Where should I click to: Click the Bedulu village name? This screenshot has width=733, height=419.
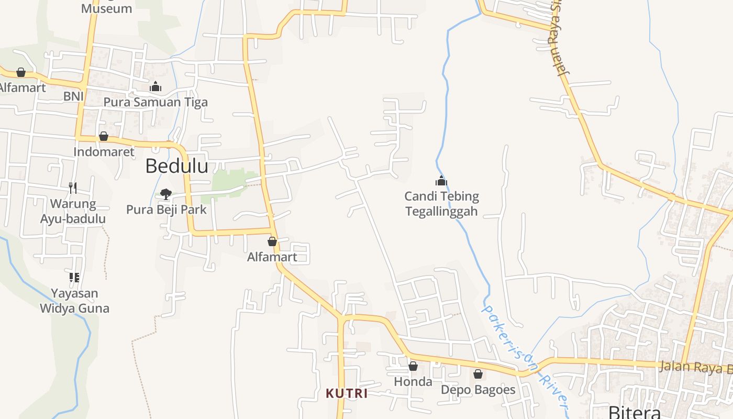pos(176,166)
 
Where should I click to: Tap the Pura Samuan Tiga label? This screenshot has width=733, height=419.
pos(156,102)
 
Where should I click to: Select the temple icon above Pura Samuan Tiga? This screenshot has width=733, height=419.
pos(156,87)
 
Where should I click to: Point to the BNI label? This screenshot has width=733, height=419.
pos(73,96)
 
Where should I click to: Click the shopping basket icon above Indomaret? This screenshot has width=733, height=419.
pos(104,136)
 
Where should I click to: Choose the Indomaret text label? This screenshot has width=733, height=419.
pos(104,152)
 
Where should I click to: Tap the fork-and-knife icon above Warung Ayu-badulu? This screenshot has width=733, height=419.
pos(73,188)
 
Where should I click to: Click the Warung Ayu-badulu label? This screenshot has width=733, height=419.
pos(73,211)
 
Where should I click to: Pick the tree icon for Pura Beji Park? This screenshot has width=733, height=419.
pos(166,194)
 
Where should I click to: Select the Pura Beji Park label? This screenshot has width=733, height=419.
pos(166,210)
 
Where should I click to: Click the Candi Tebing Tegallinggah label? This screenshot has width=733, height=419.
pos(441,204)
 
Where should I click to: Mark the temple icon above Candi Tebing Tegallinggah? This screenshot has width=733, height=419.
pos(441,181)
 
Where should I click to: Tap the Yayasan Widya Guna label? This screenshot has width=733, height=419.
pos(74,301)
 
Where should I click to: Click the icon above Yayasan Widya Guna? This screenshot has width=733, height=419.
pos(74,277)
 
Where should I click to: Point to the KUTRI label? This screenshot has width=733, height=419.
pos(347,393)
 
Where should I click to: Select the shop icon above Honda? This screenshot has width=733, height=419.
pos(413,366)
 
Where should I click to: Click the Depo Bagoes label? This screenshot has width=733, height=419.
pos(478,390)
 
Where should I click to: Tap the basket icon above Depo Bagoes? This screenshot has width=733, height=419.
pos(477,374)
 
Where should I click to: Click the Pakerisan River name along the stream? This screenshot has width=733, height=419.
pos(524,356)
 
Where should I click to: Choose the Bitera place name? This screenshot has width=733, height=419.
pos(634,412)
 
